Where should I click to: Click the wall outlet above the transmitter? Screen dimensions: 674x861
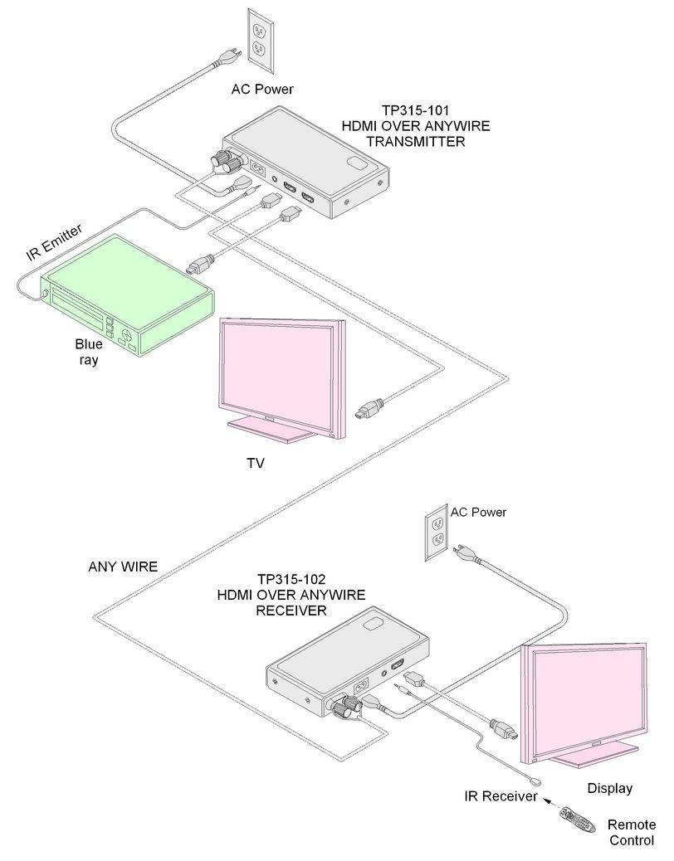[x=260, y=41]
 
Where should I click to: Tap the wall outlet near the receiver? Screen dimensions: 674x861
[x=437, y=532]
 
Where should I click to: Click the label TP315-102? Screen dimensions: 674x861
[x=291, y=579]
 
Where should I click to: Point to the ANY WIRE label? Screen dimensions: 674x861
[x=123, y=567]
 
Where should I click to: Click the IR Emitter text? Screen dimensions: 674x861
[x=55, y=242]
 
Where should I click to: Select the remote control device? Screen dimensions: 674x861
[x=578, y=821]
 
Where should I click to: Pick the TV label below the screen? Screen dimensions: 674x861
[x=256, y=464]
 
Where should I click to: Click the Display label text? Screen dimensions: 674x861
[x=610, y=789]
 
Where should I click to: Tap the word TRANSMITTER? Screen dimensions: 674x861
[x=416, y=142]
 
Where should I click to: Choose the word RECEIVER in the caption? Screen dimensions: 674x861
[x=291, y=610]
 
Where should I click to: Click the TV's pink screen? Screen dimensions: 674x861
[x=278, y=374]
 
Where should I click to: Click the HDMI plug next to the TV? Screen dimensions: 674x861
[x=369, y=409]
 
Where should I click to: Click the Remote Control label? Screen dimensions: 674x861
[x=632, y=833]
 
